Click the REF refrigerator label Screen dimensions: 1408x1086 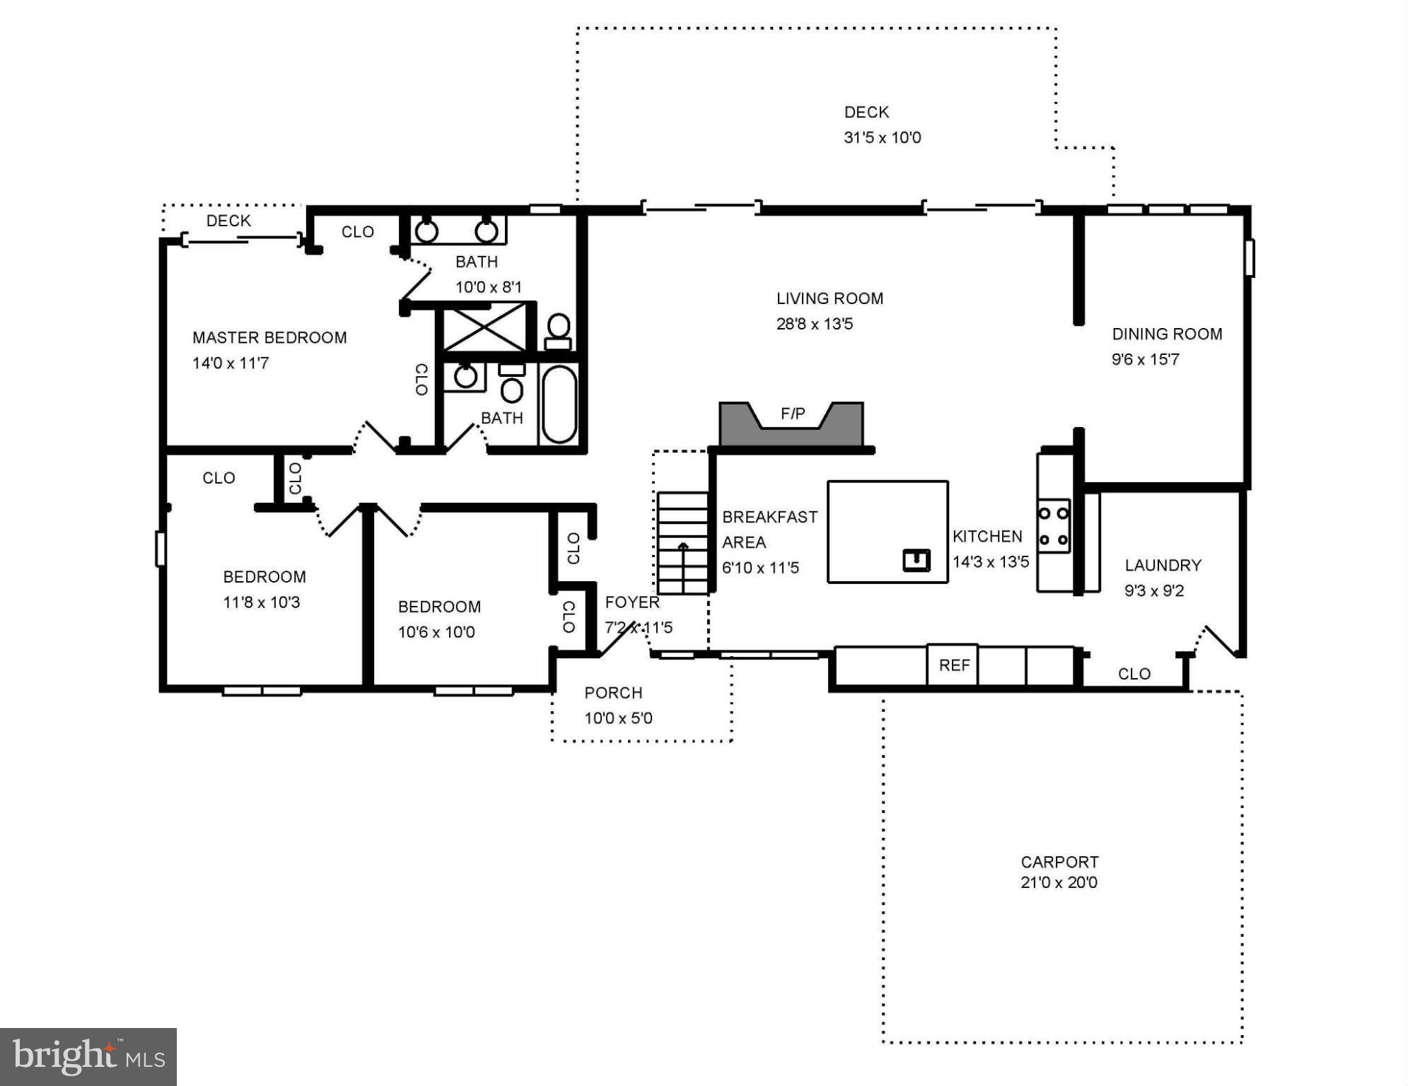[x=954, y=665]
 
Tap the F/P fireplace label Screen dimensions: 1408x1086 [x=793, y=414]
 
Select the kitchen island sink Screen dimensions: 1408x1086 [x=917, y=560]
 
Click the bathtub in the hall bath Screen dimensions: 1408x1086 [x=559, y=404]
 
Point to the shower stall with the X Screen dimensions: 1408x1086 [x=484, y=327]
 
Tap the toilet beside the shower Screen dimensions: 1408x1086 [x=558, y=332]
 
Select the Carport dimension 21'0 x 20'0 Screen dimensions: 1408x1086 [x=1059, y=882]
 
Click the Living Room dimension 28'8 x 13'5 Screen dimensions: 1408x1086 [x=815, y=324]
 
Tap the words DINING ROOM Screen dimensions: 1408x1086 [x=1167, y=334]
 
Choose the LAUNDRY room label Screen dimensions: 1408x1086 [x=1163, y=565]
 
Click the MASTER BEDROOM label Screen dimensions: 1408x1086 [x=269, y=337]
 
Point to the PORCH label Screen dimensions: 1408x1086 [x=613, y=693]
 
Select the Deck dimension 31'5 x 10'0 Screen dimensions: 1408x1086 [x=883, y=137]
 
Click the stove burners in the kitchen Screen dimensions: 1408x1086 [x=1053, y=526]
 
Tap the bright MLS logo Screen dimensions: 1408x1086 [x=88, y=1057]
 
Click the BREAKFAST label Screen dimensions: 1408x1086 [x=769, y=517]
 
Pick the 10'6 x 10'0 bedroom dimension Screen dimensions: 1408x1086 [x=436, y=632]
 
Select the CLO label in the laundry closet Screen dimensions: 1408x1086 [x=1134, y=674]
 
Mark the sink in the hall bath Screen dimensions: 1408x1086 [x=465, y=376]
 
